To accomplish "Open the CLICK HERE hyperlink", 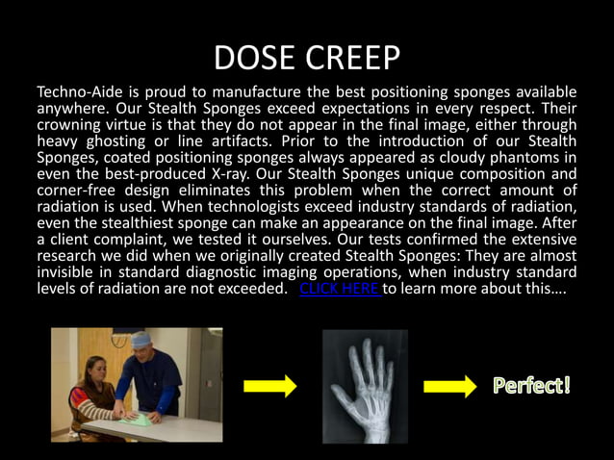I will (x=340, y=289).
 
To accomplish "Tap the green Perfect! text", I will (x=532, y=387).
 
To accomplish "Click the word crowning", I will (x=72, y=124).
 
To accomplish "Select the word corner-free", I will (x=78, y=191).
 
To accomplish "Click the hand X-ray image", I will (x=366, y=385).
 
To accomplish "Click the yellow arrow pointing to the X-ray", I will (x=270, y=387).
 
